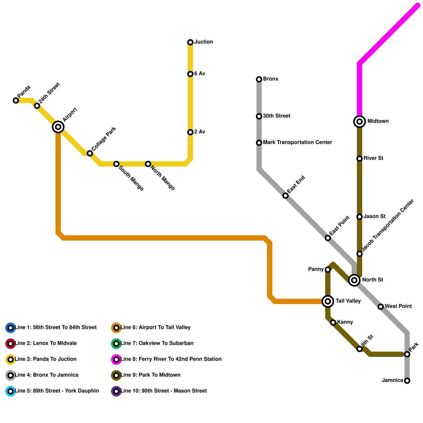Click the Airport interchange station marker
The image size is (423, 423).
tap(58, 127)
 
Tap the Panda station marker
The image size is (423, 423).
tap(16, 100)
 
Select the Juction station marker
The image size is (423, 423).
tap(190, 42)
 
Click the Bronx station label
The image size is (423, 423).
tap(270, 79)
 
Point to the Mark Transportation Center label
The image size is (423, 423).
tap(297, 142)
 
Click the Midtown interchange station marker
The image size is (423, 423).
tap(360, 122)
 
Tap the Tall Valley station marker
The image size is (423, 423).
tap(328, 301)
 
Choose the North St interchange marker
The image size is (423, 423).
tap(354, 280)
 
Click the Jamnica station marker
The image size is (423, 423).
tap(407, 381)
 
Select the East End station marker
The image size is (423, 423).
tap(286, 196)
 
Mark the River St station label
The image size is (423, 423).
tap(373, 158)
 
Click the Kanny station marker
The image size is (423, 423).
tap(333, 323)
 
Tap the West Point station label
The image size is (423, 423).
tap(398, 306)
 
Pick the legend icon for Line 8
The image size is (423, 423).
tap(116, 360)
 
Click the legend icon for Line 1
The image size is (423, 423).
tap(11, 328)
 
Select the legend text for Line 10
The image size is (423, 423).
tap(164, 391)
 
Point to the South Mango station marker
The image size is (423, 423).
tap(116, 164)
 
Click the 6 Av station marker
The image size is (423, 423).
tap(190, 74)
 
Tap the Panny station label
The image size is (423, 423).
tap(316, 269)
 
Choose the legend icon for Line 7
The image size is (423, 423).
tap(116, 344)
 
